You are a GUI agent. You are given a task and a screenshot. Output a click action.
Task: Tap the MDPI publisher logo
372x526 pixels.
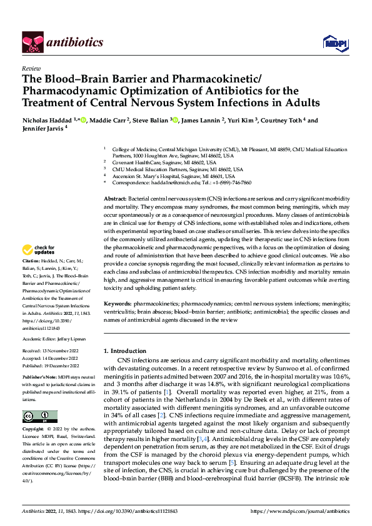click(x=331, y=42)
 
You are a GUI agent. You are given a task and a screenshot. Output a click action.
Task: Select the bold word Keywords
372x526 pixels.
click(x=119, y=303)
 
